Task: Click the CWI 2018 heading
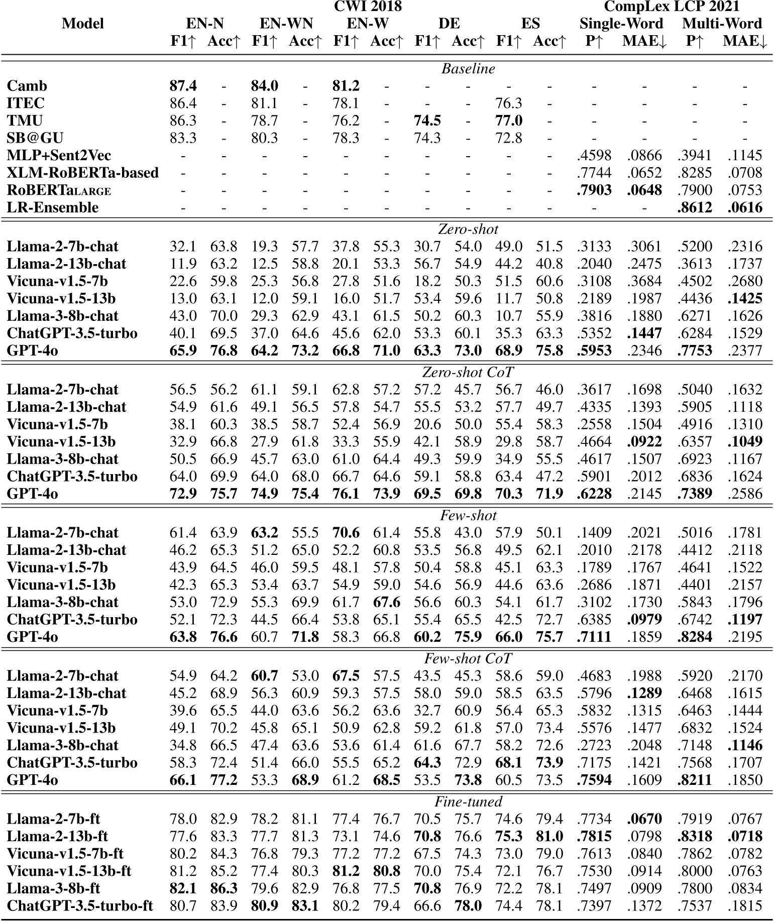click(x=368, y=7)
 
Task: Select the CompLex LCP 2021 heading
click(x=672, y=7)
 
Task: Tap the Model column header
click(x=82, y=24)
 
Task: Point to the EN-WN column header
click(x=286, y=24)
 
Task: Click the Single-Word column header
click(x=621, y=24)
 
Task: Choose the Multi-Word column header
click(x=722, y=24)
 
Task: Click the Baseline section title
click(x=468, y=69)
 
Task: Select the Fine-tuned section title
click(x=468, y=802)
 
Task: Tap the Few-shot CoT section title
click(x=468, y=659)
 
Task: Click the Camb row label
click(x=27, y=86)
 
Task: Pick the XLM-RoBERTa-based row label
click(x=83, y=173)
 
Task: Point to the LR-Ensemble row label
click(x=53, y=207)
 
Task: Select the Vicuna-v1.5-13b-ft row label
click(x=69, y=871)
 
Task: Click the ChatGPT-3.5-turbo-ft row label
click(x=80, y=905)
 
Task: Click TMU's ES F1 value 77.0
click(x=509, y=121)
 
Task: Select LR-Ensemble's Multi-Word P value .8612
click(x=695, y=207)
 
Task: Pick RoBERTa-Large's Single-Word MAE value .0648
click(x=644, y=190)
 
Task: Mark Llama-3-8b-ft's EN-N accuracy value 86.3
click(x=224, y=888)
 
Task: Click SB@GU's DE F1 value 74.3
click(x=427, y=138)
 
